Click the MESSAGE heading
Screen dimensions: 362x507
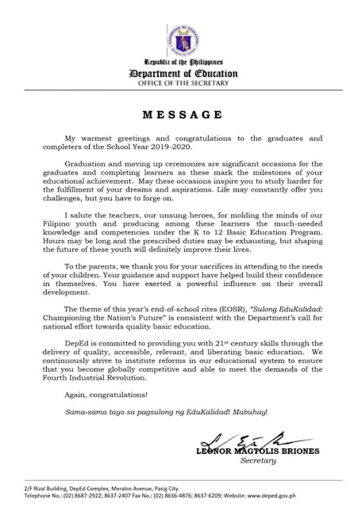180,113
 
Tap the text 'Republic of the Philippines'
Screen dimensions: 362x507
180,63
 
